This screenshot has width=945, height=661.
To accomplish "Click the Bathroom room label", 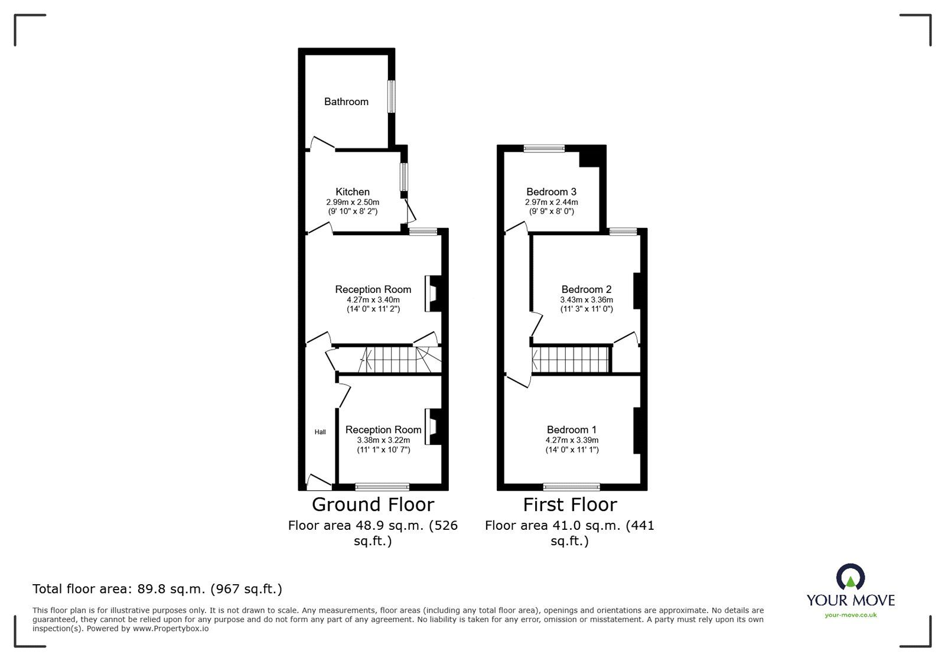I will pyautogui.click(x=346, y=102).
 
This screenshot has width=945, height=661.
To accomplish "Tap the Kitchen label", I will pyautogui.click(x=353, y=192).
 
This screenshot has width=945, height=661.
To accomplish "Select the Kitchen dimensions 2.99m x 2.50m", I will pyautogui.click(x=353, y=202).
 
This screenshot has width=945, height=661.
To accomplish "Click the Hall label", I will pyautogui.click(x=320, y=432).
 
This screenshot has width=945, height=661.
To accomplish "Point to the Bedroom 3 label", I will pyautogui.click(x=551, y=192).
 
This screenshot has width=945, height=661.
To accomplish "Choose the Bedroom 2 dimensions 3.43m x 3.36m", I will pyautogui.click(x=586, y=299).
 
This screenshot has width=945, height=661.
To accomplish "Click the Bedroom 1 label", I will pyautogui.click(x=571, y=430).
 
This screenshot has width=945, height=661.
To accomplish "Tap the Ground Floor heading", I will pyautogui.click(x=373, y=504).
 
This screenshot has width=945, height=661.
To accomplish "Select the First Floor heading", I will pyautogui.click(x=570, y=504).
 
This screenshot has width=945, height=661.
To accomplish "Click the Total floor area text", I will pyautogui.click(x=157, y=589).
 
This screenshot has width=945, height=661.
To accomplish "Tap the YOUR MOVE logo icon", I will pyautogui.click(x=850, y=577).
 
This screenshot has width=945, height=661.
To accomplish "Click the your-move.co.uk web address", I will pyautogui.click(x=850, y=615).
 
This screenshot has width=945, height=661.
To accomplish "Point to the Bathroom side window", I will pyautogui.click(x=391, y=96).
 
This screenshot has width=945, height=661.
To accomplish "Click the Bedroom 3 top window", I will pyautogui.click(x=543, y=149).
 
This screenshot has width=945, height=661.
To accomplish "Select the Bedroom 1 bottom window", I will pyautogui.click(x=571, y=487).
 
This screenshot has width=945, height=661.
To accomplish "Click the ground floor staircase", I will pyautogui.click(x=390, y=360).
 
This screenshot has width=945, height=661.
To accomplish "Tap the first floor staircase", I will pyautogui.click(x=571, y=360).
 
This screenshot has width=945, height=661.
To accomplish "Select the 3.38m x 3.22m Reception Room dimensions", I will pyautogui.click(x=383, y=440).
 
